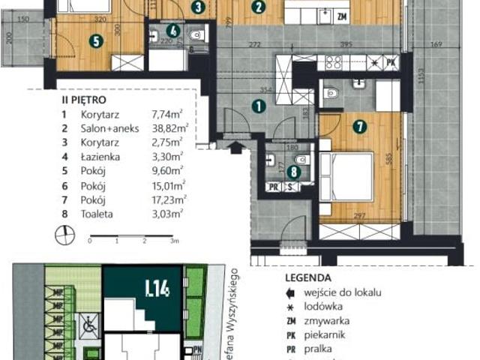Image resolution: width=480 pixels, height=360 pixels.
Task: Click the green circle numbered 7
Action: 360,127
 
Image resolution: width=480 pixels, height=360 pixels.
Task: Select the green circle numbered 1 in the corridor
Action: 258,106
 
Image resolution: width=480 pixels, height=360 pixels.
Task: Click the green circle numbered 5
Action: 96,42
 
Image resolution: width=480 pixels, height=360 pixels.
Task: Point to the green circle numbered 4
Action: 173,31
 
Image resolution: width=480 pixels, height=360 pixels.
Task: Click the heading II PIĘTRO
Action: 83,98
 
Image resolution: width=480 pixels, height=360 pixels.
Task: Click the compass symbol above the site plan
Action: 63,237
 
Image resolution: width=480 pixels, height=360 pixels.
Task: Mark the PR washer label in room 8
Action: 274,188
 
